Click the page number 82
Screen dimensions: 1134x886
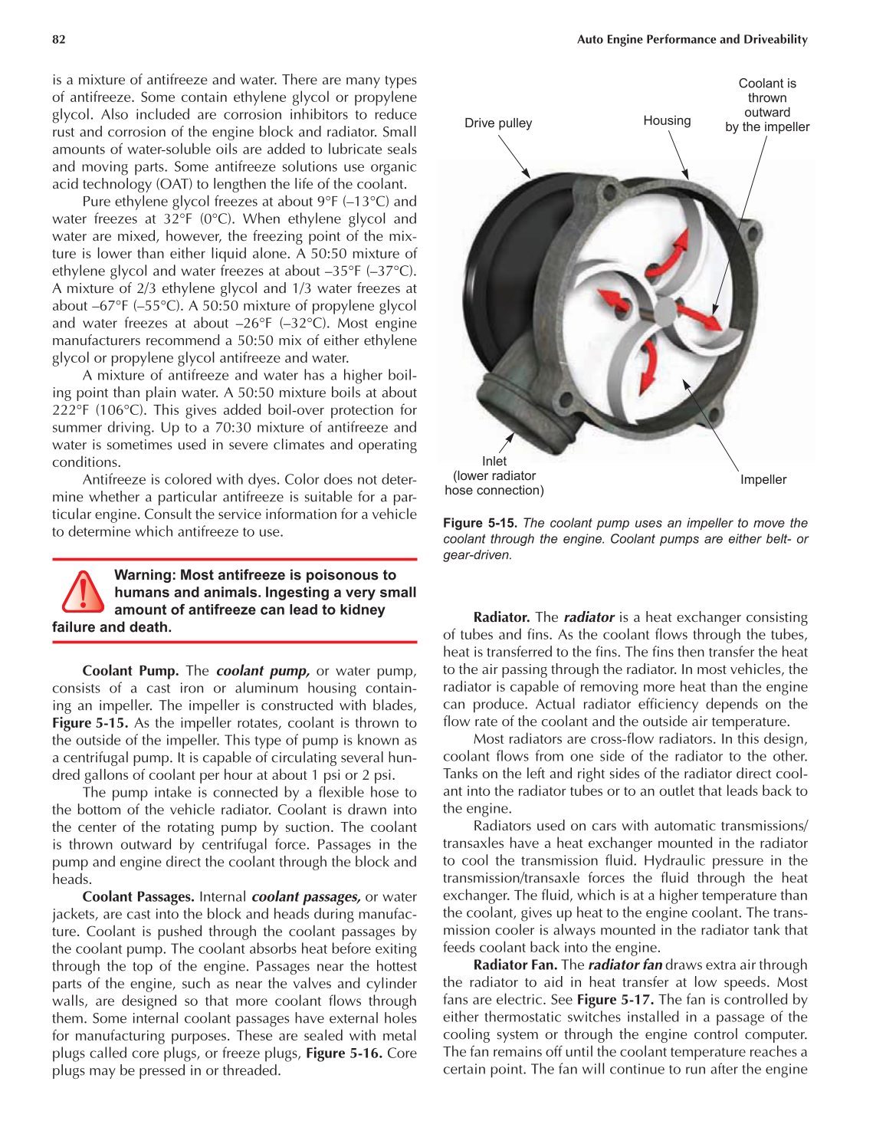(58, 40)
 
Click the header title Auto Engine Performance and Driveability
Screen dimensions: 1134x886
(691, 40)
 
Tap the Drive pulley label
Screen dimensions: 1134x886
(497, 123)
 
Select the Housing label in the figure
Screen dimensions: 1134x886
(667, 121)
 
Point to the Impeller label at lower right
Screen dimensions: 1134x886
(763, 480)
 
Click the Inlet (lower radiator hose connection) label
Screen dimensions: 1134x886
(494, 476)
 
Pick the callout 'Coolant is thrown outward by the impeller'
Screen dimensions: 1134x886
(767, 105)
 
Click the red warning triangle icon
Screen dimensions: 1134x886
(82, 592)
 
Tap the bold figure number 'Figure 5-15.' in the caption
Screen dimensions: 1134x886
(480, 523)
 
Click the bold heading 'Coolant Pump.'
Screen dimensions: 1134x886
(130, 671)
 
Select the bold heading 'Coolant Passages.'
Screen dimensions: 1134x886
(138, 897)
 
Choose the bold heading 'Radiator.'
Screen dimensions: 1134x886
(501, 617)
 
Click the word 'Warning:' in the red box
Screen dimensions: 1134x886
(145, 575)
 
